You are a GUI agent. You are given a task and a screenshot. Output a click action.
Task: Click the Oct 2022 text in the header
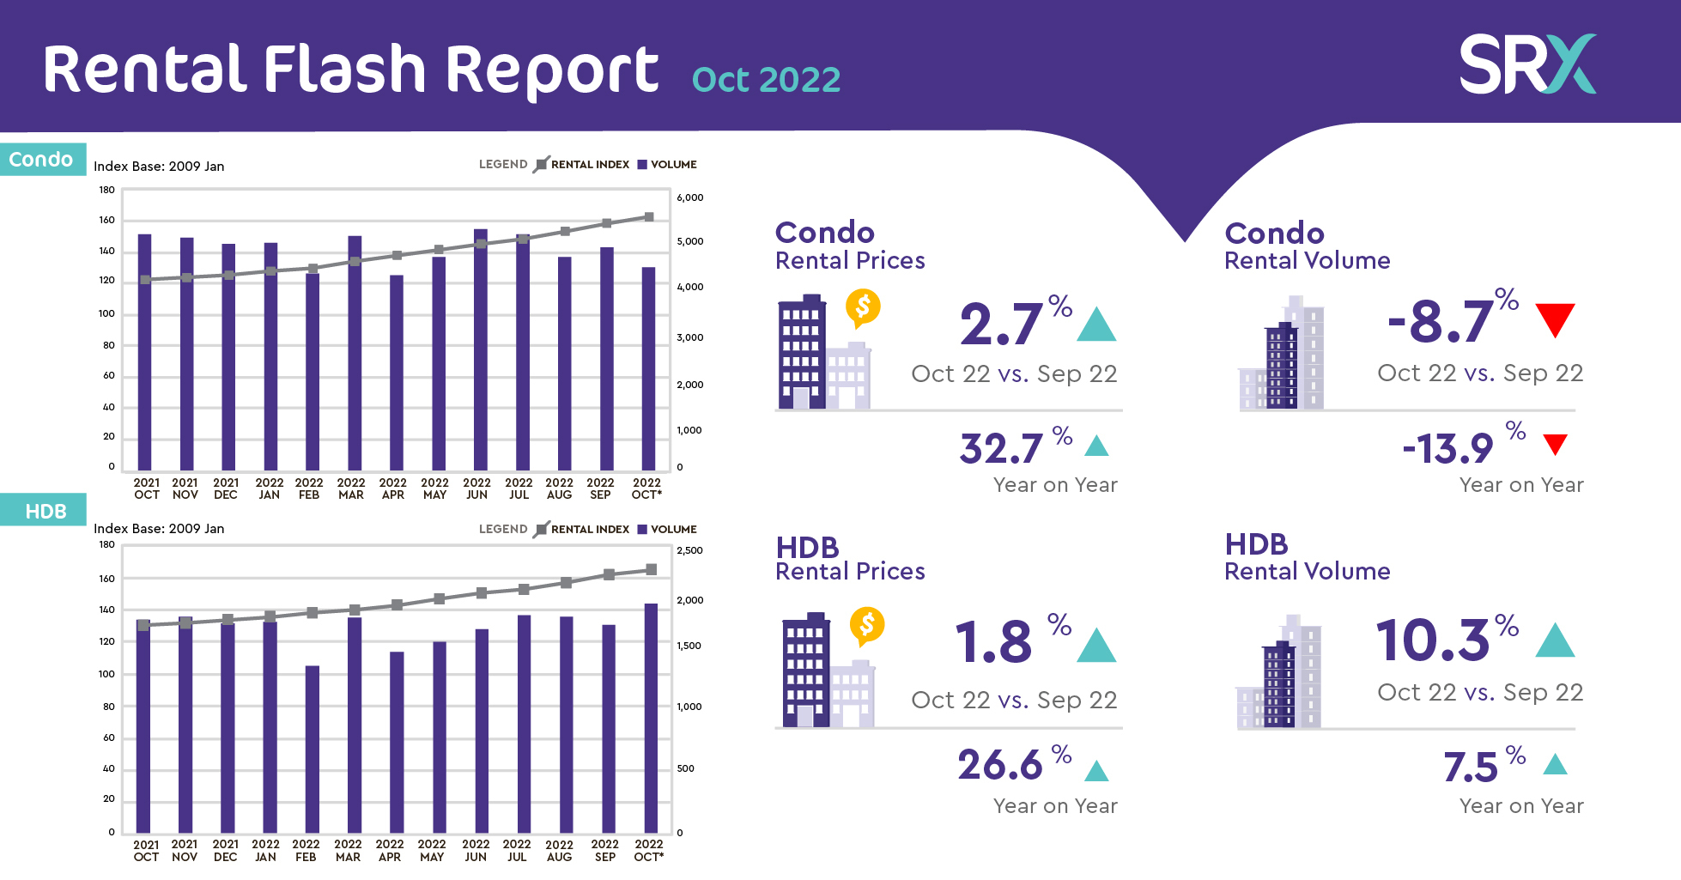[x=766, y=80]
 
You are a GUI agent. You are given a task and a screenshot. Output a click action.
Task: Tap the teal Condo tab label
[x=42, y=160]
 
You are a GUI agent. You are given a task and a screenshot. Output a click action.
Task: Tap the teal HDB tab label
[x=45, y=511]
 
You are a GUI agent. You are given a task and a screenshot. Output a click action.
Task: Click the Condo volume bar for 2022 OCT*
[x=649, y=369]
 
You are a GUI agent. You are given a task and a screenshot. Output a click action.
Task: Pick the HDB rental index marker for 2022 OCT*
[x=652, y=570]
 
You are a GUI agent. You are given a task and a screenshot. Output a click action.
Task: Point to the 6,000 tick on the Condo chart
[x=689, y=197]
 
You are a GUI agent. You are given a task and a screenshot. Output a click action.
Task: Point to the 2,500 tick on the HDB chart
[x=689, y=550]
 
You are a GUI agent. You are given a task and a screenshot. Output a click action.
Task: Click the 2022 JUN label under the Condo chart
[x=476, y=489]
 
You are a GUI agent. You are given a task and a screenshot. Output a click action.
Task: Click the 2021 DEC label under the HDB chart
[x=225, y=850]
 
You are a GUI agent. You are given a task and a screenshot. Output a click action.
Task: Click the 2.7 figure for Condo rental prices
[x=1001, y=325]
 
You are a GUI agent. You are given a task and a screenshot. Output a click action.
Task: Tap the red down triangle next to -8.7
[x=1555, y=319]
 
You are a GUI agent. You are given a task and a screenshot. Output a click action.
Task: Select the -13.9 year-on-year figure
[x=1448, y=449]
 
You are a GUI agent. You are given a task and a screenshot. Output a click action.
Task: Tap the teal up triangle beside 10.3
[x=1555, y=640]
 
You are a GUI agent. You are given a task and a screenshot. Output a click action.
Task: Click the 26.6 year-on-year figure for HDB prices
[x=1000, y=764]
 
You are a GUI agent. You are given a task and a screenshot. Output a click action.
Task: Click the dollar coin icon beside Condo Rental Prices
[x=863, y=307]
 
